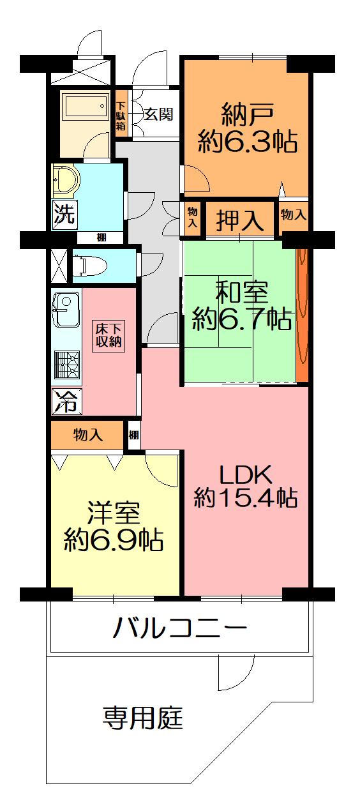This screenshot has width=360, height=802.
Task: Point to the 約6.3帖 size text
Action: coord(248,142)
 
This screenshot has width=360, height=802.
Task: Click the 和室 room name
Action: coord(241,293)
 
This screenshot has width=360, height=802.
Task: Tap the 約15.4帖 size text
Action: coord(246,497)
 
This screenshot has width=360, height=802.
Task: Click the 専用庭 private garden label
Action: coord(143,719)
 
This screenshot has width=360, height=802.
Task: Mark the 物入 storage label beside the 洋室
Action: coord(88,435)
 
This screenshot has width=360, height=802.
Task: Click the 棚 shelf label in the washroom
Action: coord(101,238)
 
